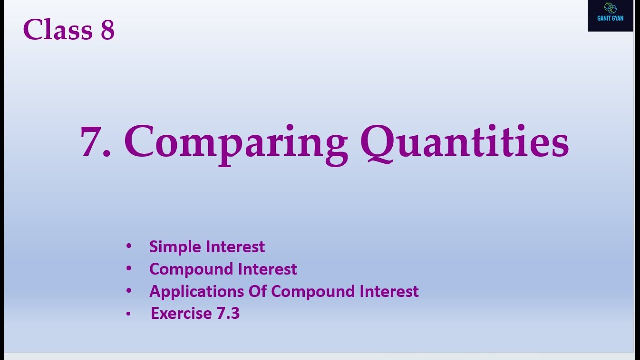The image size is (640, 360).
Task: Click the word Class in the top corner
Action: pyautogui.click(x=58, y=30)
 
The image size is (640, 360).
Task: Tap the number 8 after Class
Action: pyautogui.click(x=108, y=30)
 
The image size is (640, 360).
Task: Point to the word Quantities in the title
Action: pyautogui.click(x=464, y=142)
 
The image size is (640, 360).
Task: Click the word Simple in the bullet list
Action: pyautogui.click(x=175, y=247)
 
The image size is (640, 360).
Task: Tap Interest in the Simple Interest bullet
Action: pyautogui.click(x=235, y=247)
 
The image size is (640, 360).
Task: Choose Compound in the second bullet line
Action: pyautogui.click(x=191, y=269)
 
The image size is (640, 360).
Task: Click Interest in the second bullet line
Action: pyautogui.click(x=267, y=269)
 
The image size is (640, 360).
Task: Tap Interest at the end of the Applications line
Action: pyautogui.click(x=389, y=291)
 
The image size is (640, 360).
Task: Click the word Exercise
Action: pyautogui.click(x=181, y=313)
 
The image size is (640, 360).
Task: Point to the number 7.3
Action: pyautogui.click(x=228, y=313)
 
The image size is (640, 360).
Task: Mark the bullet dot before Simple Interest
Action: pyautogui.click(x=129, y=246)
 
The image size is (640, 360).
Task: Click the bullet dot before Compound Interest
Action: pyautogui.click(x=129, y=269)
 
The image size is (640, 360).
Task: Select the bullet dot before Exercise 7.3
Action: pyautogui.click(x=129, y=314)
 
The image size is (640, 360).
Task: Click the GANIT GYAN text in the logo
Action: pyautogui.click(x=610, y=19)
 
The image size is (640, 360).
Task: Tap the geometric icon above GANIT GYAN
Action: pyautogui.click(x=610, y=8)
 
